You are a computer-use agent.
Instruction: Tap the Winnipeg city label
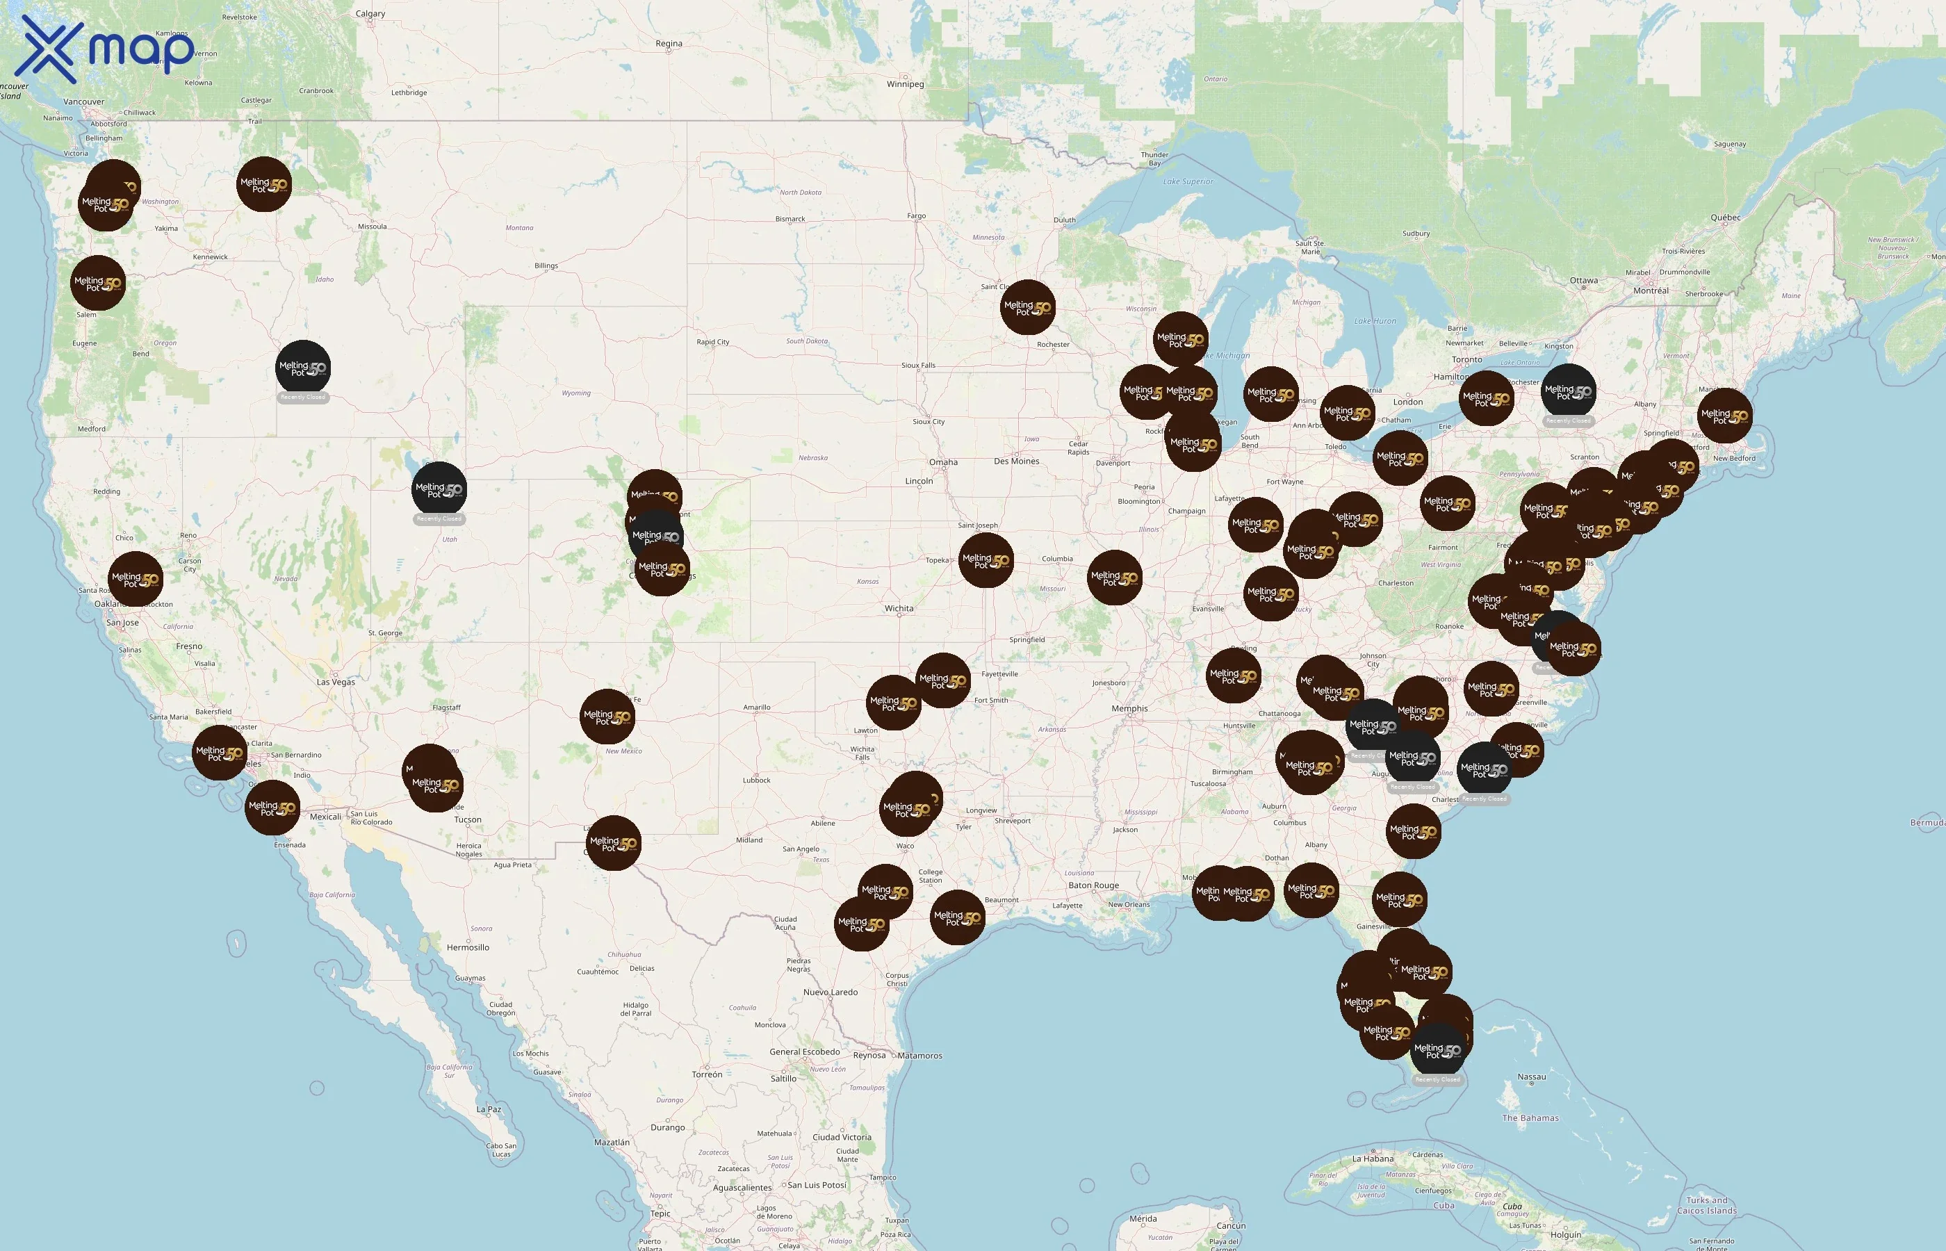[x=905, y=83]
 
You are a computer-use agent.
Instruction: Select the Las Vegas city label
[x=336, y=682]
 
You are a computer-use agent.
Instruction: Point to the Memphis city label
[x=1129, y=708]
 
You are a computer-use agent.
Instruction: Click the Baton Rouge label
[x=1093, y=885]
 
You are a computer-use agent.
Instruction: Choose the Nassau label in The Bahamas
[x=1531, y=1077]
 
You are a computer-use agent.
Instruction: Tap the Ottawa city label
[x=1583, y=280]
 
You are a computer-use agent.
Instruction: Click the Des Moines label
[x=1016, y=461]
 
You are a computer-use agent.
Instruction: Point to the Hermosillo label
[x=468, y=947]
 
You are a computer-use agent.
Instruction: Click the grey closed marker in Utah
[x=439, y=490]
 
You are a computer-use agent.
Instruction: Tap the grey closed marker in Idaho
[x=303, y=368]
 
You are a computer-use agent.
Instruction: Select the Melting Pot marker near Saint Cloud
[x=1027, y=307]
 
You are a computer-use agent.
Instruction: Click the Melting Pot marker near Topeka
[x=986, y=559]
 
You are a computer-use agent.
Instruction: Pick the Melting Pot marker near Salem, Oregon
[x=98, y=284]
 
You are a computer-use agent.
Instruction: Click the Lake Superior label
[x=1188, y=181]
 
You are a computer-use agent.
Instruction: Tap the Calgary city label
[x=370, y=14]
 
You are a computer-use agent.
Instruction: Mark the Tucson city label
[x=467, y=819]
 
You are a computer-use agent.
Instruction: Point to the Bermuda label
[x=1927, y=823]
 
